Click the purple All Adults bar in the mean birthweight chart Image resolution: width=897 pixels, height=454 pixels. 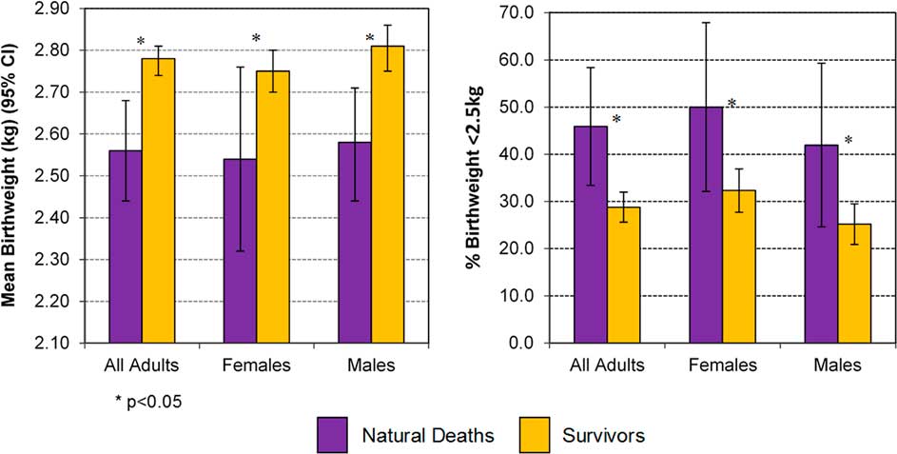126,247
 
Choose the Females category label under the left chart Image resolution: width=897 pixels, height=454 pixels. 257,365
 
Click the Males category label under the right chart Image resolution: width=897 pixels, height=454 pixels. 838,365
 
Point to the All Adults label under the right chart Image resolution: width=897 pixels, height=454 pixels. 607,365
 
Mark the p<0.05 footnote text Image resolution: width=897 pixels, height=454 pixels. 146,401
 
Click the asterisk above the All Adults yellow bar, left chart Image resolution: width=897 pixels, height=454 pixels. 141,42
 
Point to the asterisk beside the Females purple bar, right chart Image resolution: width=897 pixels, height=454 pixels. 731,104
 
